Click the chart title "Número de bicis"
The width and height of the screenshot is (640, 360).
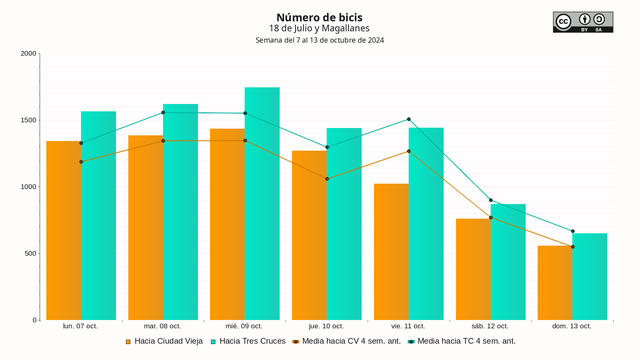click(319, 17)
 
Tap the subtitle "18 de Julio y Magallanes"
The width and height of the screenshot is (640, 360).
click(319, 29)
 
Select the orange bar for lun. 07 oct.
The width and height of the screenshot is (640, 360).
click(63, 230)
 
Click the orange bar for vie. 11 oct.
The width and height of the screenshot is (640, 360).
click(391, 251)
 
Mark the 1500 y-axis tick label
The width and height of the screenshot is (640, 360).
click(28, 120)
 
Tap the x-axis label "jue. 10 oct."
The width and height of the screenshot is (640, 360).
click(326, 326)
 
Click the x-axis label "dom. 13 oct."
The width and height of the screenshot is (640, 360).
click(572, 326)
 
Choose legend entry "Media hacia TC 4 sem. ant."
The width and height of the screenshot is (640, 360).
click(465, 342)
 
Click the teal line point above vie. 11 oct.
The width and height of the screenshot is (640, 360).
click(408, 119)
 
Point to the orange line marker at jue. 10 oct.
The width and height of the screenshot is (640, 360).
click(327, 179)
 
